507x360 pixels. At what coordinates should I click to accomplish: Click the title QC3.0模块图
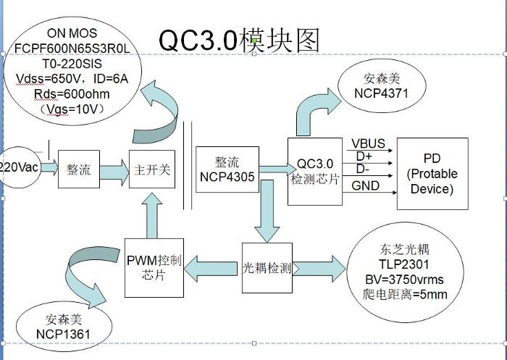(239, 40)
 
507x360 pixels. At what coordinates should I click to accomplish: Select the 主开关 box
(152, 169)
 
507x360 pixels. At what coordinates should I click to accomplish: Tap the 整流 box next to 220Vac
(78, 169)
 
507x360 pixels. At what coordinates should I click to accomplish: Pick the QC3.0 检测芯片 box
(314, 170)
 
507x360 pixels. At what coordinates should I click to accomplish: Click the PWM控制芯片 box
(153, 267)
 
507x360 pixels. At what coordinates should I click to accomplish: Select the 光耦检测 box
(267, 268)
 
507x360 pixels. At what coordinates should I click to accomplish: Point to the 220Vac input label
(18, 167)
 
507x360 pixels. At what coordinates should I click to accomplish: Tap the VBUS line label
(369, 143)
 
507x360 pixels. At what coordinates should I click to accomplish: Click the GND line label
(366, 186)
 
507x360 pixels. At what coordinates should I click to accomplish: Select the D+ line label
(364, 156)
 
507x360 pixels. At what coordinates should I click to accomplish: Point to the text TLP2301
(395, 264)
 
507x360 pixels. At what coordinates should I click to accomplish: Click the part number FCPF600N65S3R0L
(72, 49)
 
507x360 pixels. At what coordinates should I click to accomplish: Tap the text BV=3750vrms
(403, 280)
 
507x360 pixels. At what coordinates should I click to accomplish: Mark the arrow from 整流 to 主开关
(113, 171)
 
